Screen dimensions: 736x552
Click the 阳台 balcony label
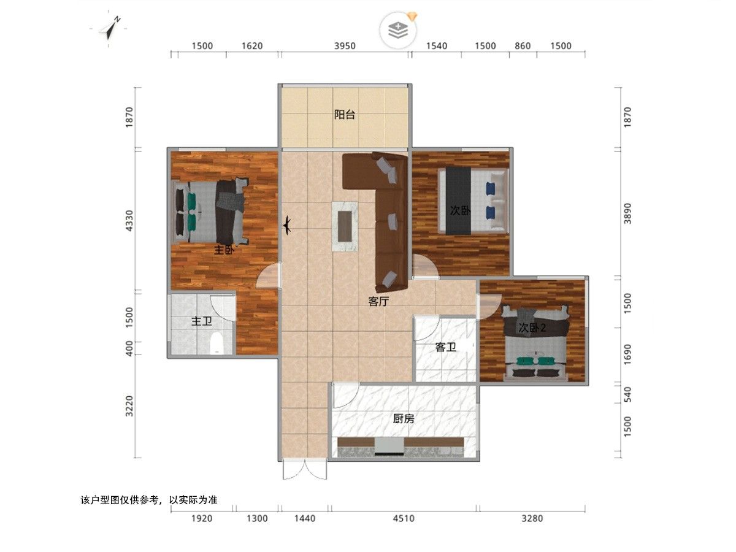[x=344, y=115]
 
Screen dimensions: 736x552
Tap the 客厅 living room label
[x=378, y=302]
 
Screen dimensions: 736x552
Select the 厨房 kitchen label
[x=404, y=419]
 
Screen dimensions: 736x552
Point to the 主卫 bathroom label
[x=202, y=321]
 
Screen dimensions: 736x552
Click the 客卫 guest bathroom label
[x=446, y=347]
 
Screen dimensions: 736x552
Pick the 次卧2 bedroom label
[x=532, y=328]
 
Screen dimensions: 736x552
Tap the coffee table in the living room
[x=345, y=226]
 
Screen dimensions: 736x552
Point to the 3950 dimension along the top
[x=345, y=46]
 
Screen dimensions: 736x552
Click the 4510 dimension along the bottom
[x=404, y=518]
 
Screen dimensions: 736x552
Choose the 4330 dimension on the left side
[x=129, y=221]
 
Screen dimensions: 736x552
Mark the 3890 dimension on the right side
[x=627, y=213]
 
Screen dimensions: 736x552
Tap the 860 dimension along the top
[x=523, y=46]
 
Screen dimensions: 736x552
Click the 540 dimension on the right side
[x=627, y=394]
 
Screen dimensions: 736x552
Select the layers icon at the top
[x=398, y=30]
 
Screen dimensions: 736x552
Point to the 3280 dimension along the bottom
[x=532, y=518]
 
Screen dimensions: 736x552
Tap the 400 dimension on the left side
[x=129, y=348]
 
